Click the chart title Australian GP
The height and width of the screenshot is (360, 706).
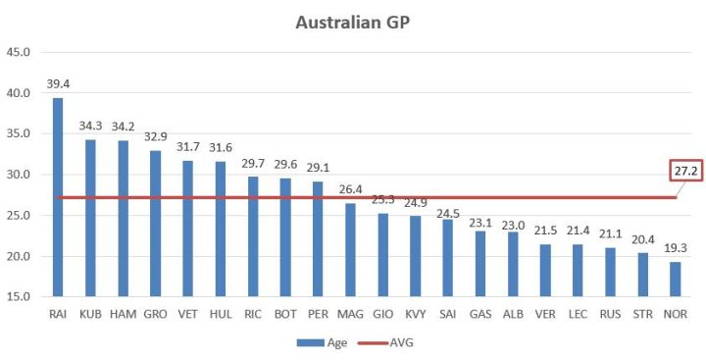click(353, 22)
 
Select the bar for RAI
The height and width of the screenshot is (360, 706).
click(58, 196)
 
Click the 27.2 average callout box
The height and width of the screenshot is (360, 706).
click(686, 171)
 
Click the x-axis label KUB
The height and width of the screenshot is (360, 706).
click(90, 314)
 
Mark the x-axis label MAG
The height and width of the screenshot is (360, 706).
click(351, 314)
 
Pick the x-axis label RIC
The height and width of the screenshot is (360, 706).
click(253, 314)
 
